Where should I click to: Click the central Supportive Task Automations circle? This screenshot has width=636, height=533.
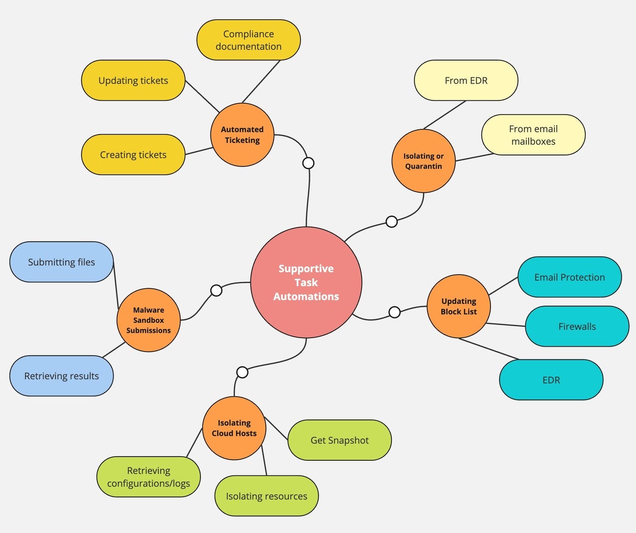[x=306, y=282]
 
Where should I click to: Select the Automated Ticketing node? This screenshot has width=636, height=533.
[x=242, y=135]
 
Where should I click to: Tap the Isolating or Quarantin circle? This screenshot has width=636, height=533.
[x=423, y=161]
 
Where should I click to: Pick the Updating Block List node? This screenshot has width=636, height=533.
[x=459, y=306]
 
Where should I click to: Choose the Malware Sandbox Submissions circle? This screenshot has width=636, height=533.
[x=149, y=320]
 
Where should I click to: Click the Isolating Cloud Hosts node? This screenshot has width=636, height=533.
[x=234, y=428]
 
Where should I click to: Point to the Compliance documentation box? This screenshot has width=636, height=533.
[x=249, y=40]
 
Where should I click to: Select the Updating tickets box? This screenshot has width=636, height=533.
[x=133, y=80]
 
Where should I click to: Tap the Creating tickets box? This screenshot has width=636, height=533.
[x=133, y=154]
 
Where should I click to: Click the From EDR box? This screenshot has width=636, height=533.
[x=466, y=80]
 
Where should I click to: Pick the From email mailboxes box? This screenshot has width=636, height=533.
[x=533, y=135]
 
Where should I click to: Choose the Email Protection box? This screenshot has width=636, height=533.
[x=570, y=277]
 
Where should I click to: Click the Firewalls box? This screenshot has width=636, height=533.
[x=577, y=326]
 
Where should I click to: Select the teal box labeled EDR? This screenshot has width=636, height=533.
[x=551, y=380]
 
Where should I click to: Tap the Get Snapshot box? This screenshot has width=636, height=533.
[x=340, y=440]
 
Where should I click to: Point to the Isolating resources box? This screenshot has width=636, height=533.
[x=266, y=496]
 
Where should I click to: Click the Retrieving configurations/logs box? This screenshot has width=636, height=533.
[x=149, y=477]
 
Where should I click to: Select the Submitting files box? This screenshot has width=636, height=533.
[x=62, y=262]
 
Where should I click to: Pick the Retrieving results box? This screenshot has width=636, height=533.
[x=62, y=376]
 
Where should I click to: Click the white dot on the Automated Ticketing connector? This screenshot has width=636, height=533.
[x=308, y=163]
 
